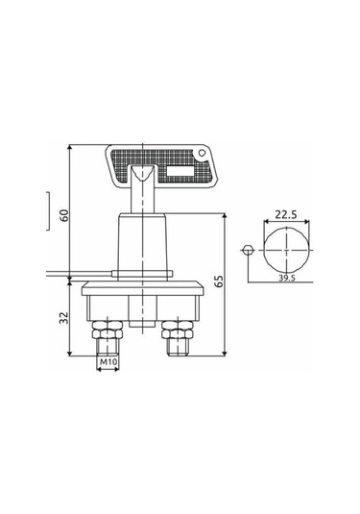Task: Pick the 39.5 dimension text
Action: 287,278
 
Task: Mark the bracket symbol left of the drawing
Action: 47,211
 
